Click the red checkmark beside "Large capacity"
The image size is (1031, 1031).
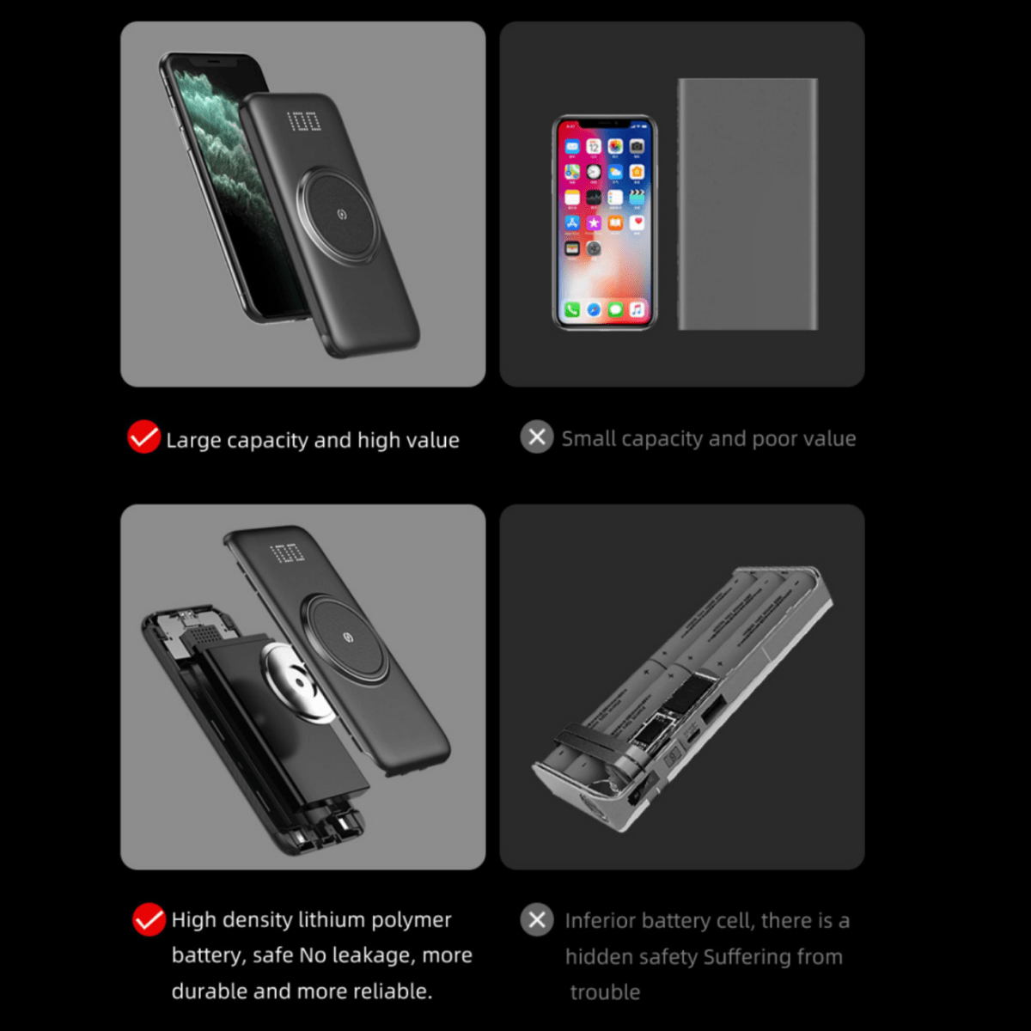143,437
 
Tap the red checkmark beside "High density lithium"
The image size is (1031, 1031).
149,919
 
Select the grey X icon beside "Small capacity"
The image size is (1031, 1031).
537,437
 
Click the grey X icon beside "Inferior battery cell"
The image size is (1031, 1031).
537,920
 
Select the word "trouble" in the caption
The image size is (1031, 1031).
605,992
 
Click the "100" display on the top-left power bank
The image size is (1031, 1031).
303,121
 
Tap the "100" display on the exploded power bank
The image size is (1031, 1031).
287,553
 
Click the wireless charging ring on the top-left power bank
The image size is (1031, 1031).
342,213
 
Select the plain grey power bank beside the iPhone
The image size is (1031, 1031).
747,204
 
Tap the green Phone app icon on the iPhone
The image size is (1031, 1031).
572,309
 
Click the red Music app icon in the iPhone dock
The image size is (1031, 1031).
637,309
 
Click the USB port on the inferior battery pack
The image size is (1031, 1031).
712,711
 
